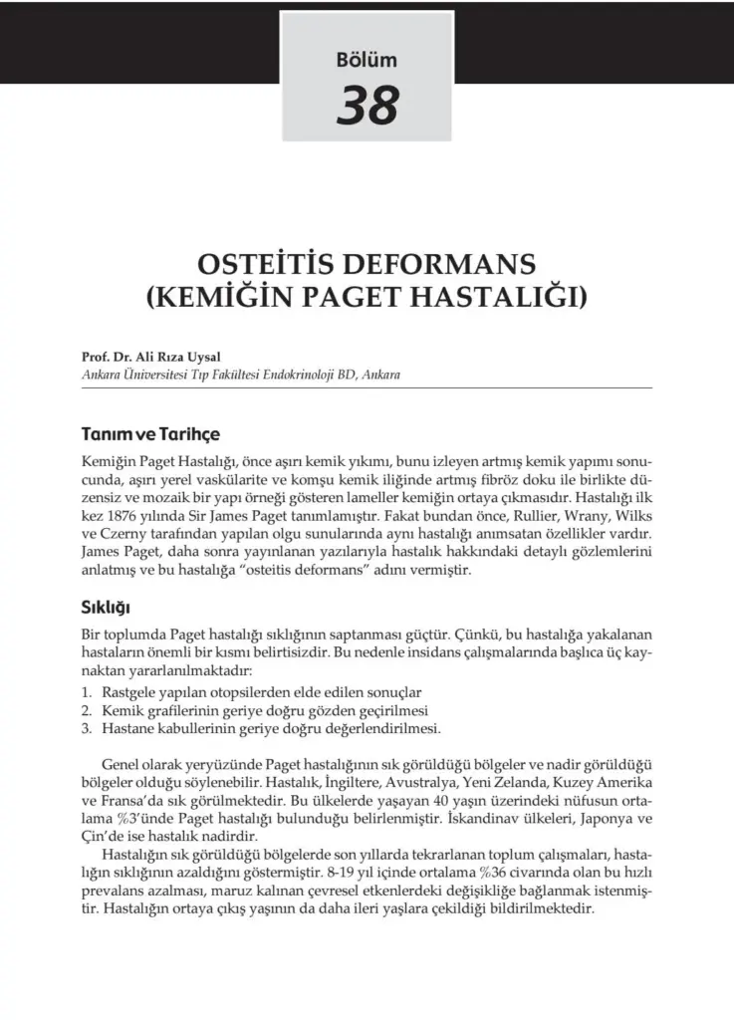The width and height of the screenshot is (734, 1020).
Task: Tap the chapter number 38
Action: tap(367, 106)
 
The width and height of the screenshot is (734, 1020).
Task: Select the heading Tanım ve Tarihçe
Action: tap(149, 435)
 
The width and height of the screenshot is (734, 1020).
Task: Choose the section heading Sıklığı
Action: tap(107, 606)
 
